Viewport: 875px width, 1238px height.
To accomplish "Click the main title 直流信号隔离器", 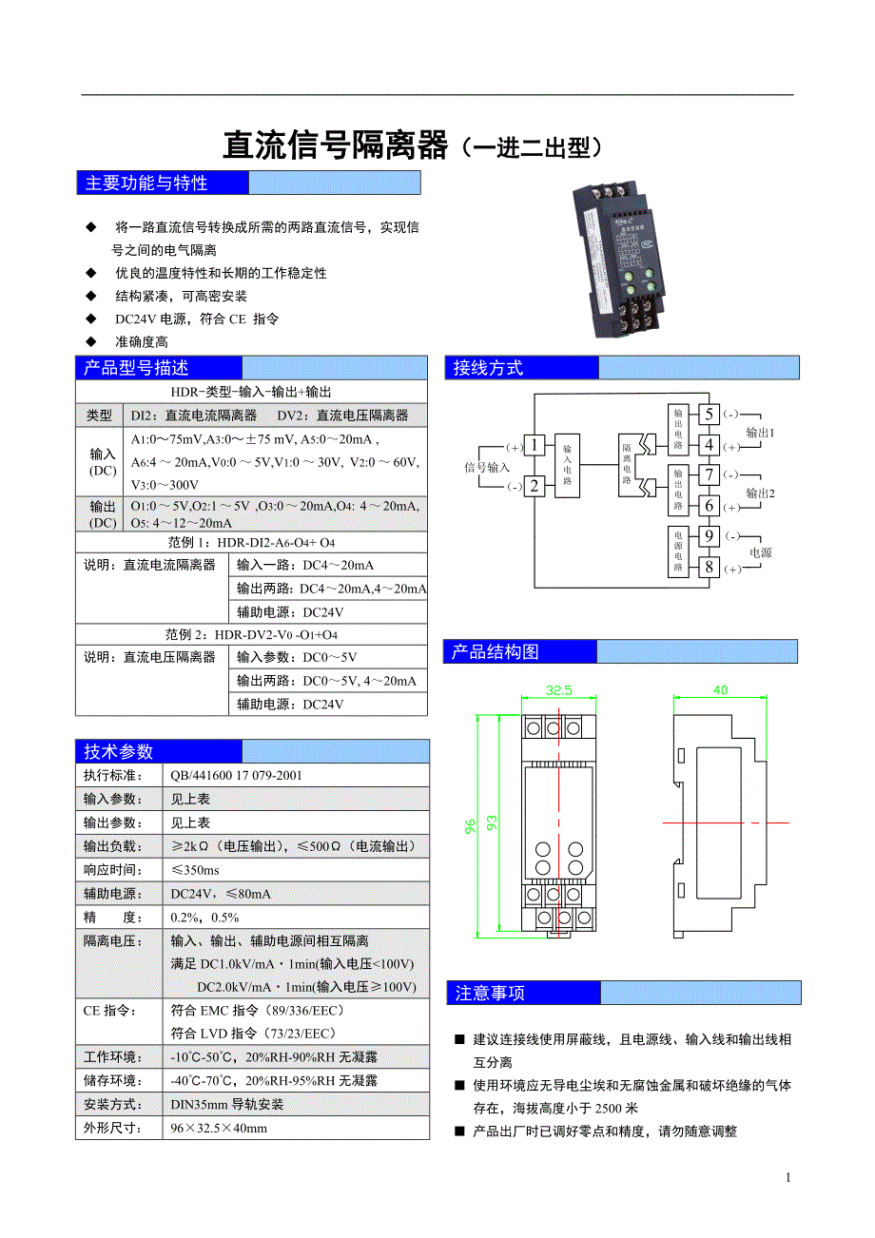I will pyautogui.click(x=335, y=145).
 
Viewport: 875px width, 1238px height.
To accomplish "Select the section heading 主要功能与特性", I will pyautogui.click(x=146, y=183).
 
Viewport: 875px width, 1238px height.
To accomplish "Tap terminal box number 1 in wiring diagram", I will pyautogui.click(x=535, y=445).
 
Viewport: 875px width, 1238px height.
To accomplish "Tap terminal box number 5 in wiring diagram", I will pyautogui.click(x=709, y=414).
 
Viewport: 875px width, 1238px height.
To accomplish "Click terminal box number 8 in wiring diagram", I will pyautogui.click(x=709, y=568).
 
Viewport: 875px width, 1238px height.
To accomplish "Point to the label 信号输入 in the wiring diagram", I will pyautogui.click(x=486, y=467).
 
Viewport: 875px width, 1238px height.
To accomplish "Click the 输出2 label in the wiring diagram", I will pyautogui.click(x=760, y=493).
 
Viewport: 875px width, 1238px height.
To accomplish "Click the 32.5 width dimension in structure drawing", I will pyautogui.click(x=559, y=691).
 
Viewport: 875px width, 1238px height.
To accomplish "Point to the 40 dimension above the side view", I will pyautogui.click(x=719, y=690).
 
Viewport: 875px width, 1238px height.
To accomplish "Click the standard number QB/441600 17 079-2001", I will pyautogui.click(x=237, y=775).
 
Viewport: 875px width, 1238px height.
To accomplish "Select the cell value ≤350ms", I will pyautogui.click(x=195, y=870).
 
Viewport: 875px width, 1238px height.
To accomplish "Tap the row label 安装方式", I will pyautogui.click(x=112, y=1104).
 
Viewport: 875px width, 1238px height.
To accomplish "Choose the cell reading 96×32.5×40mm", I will pyautogui.click(x=219, y=1128).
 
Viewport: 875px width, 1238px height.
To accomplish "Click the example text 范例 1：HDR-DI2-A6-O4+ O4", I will pyautogui.click(x=251, y=542).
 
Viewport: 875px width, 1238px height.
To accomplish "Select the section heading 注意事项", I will pyautogui.click(x=490, y=994).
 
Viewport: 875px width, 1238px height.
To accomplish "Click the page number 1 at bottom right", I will pyautogui.click(x=787, y=1178).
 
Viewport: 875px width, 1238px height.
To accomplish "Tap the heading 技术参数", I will pyautogui.click(x=118, y=751).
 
